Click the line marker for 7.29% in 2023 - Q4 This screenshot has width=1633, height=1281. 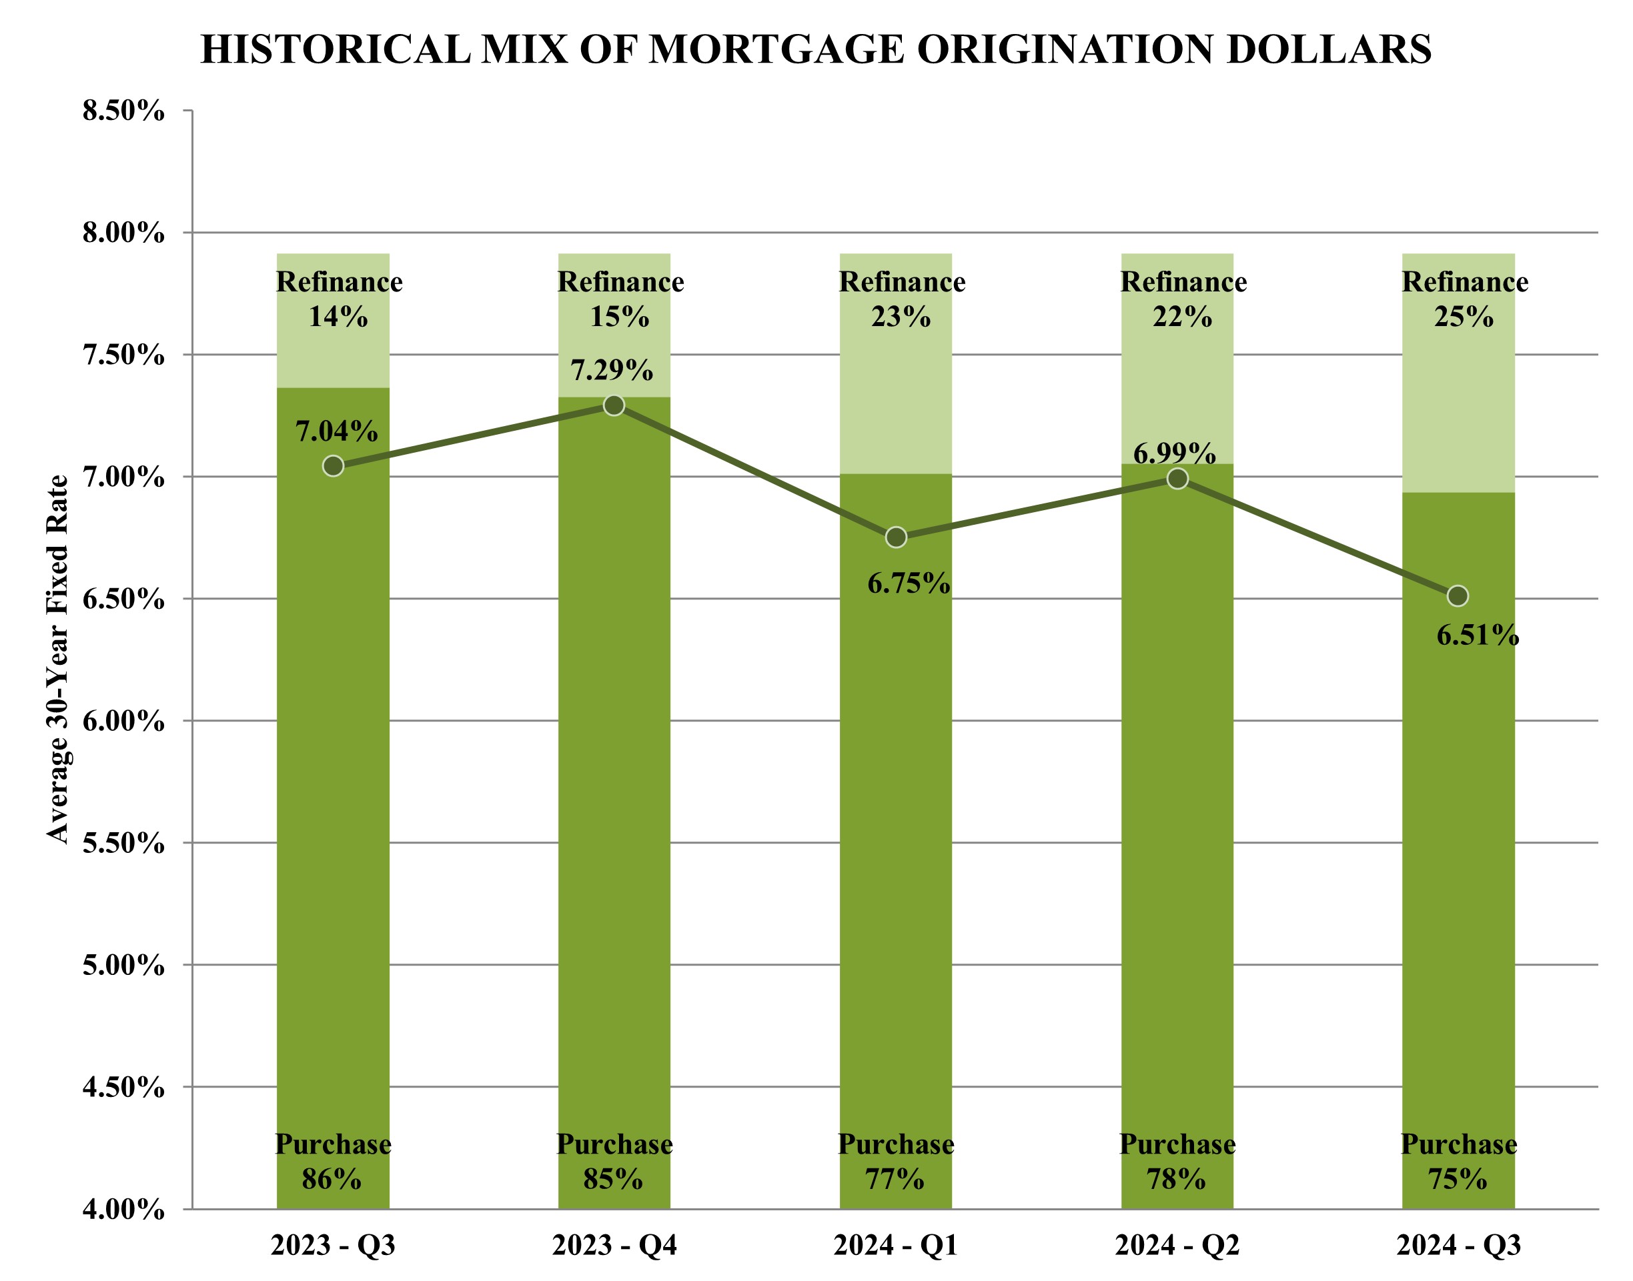click(614, 405)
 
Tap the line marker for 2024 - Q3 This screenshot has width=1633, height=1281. click(1458, 596)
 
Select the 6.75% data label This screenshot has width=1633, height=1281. click(909, 583)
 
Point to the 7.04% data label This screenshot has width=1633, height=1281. click(336, 431)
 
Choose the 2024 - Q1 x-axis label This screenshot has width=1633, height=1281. click(896, 1246)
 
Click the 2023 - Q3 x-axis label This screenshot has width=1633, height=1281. click(333, 1246)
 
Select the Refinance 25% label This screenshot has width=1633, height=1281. click(1464, 299)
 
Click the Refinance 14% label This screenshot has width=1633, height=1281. click(339, 299)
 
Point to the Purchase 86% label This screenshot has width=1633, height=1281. click(333, 1162)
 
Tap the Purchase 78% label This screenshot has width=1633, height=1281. click(1177, 1162)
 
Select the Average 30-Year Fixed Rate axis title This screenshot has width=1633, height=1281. click(58, 660)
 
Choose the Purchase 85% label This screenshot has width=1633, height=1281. click(614, 1162)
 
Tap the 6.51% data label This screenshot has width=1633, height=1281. click(1477, 636)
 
